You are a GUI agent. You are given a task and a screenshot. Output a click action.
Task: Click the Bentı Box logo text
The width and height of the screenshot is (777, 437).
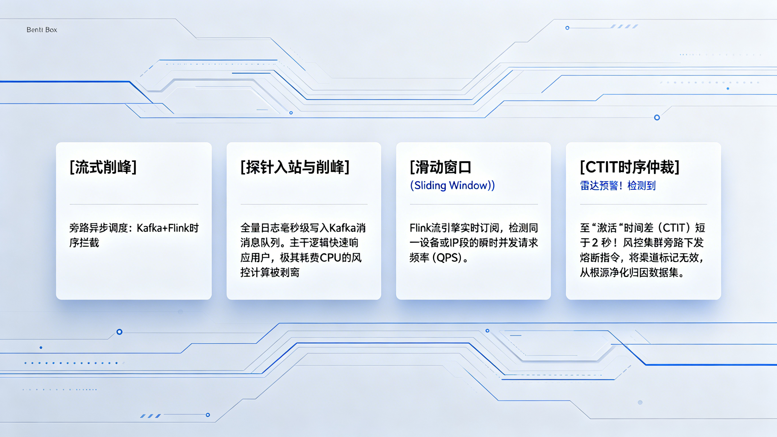[x=42, y=30]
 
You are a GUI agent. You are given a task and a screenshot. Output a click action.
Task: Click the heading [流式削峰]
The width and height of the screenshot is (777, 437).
[x=103, y=167]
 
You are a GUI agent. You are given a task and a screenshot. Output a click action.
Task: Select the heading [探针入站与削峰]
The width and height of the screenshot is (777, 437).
[x=295, y=167]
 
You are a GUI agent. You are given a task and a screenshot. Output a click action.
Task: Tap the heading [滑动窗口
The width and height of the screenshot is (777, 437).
[x=440, y=167]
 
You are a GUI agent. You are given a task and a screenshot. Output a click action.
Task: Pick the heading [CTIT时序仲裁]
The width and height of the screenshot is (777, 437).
[x=630, y=167]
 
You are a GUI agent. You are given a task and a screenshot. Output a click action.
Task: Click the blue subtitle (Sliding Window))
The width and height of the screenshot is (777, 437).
[x=452, y=185]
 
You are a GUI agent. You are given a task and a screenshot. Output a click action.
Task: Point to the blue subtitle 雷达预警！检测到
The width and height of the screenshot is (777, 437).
[x=617, y=185]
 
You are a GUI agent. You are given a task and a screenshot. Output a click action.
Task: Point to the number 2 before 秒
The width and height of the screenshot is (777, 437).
[x=595, y=243]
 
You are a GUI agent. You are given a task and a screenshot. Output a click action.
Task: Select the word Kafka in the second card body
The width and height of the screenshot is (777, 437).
[x=342, y=228]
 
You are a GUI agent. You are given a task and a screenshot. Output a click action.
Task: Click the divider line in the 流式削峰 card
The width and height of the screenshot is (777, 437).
[x=134, y=204]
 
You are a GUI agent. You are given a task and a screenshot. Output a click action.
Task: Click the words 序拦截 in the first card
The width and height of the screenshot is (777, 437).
[x=84, y=243]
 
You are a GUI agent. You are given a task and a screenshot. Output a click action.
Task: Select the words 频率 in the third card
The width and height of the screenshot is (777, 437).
[x=419, y=258]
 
